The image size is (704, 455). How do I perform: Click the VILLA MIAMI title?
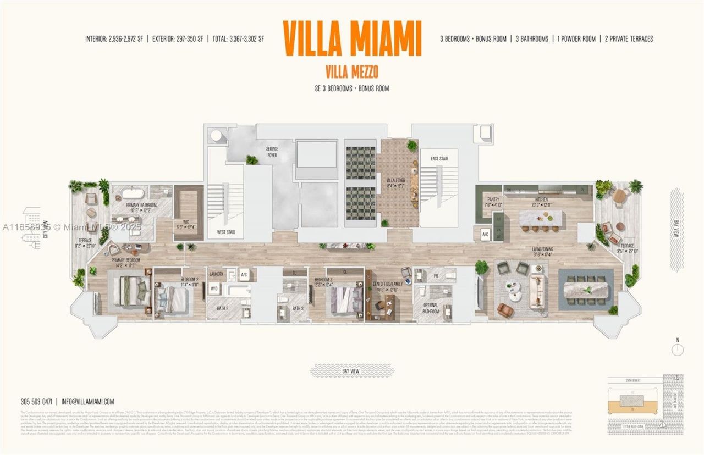(352, 38)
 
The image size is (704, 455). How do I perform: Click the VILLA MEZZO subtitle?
(352, 71)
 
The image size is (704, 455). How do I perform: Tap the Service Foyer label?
(272, 152)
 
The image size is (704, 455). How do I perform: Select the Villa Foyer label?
(396, 182)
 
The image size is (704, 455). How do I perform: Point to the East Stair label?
(439, 159)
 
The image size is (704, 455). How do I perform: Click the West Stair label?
(226, 232)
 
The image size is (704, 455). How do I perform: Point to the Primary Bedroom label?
(125, 263)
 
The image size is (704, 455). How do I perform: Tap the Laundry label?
(216, 273)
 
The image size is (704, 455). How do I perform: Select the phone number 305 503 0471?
(35, 402)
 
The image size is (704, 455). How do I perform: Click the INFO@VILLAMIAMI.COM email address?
(88, 402)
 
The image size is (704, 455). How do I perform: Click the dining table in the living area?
(586, 290)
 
